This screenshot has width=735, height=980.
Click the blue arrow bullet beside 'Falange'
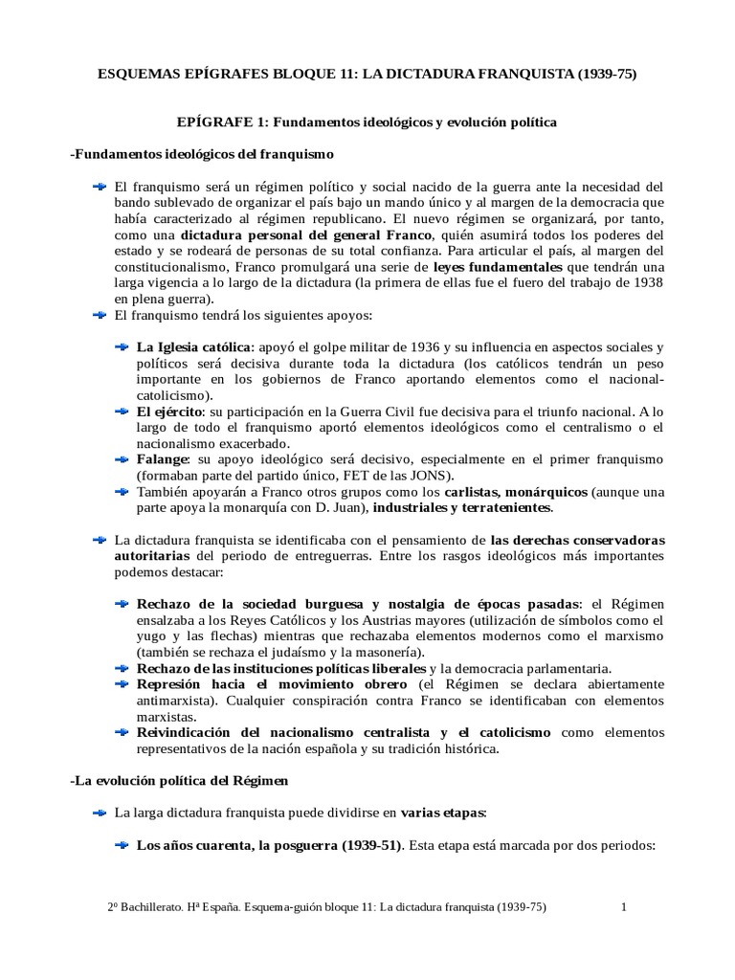(x=122, y=459)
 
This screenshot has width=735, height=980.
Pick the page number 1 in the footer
(x=622, y=907)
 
